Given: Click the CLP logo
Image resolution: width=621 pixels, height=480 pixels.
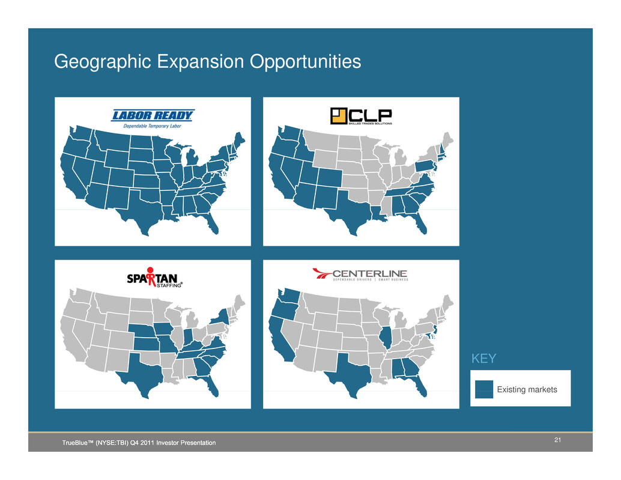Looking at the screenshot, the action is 361,116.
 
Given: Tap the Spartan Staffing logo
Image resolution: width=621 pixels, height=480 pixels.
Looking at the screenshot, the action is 154,277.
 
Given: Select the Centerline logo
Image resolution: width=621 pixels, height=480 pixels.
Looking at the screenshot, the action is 360,275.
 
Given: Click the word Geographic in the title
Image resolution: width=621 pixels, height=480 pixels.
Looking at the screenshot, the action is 103,62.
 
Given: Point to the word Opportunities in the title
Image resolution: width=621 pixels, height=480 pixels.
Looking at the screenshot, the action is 305,62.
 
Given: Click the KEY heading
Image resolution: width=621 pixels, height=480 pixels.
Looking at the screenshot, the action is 483,359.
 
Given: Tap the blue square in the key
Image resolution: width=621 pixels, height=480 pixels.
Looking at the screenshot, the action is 484,389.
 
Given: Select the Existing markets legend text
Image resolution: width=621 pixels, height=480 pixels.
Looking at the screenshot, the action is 527,390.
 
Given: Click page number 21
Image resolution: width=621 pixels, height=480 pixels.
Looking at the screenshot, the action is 557,440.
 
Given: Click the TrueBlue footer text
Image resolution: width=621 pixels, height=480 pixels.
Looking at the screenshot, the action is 139,443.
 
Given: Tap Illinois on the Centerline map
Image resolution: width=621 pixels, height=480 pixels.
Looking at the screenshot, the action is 385,337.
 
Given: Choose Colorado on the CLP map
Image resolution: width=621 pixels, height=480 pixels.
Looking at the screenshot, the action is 329,177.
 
